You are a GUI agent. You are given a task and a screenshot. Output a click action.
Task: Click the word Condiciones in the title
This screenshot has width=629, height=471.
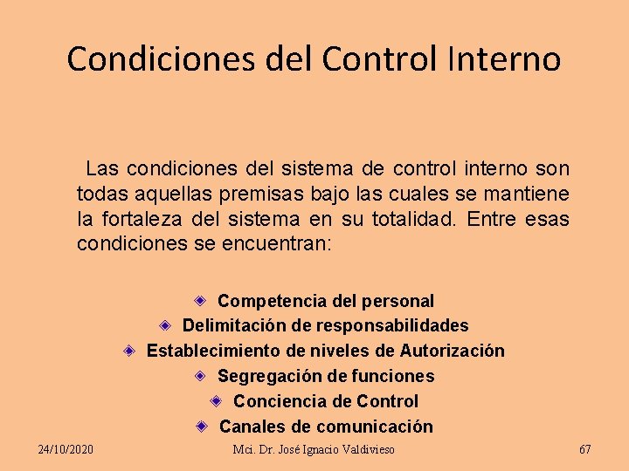point(136,58)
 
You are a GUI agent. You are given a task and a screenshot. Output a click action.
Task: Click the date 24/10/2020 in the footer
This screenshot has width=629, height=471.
point(66,449)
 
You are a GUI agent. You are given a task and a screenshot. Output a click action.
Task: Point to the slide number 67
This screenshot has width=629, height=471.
point(585,449)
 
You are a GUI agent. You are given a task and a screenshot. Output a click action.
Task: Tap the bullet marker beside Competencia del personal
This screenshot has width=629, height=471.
point(200,300)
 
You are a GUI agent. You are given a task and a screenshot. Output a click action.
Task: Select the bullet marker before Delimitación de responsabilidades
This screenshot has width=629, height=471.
point(165,325)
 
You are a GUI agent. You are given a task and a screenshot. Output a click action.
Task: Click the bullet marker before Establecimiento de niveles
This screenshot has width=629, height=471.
point(128,351)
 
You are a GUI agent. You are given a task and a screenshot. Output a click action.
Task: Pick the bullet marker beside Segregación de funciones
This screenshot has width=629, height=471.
point(200,376)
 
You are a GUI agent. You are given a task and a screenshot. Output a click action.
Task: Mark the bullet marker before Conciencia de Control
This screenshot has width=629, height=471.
point(216,401)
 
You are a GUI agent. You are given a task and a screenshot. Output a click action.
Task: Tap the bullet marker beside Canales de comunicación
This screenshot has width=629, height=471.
point(201,427)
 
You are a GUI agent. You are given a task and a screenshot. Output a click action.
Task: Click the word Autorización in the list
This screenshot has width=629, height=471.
point(452,351)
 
